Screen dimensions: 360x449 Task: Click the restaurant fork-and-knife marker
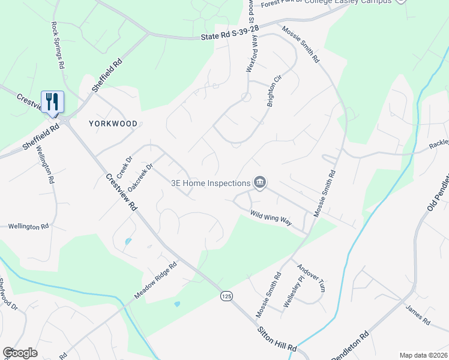(x=52, y=102)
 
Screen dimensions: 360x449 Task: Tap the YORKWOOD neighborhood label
(x=113, y=124)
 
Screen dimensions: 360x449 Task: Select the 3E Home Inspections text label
(x=211, y=184)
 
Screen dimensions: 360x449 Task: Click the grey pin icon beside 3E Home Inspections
(x=259, y=182)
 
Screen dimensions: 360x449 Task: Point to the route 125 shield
(x=226, y=296)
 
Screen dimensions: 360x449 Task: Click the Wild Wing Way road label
(x=271, y=218)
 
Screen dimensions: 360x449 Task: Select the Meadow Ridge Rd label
(x=155, y=281)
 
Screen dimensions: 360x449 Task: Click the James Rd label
(x=418, y=315)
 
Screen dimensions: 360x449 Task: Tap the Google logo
(x=20, y=353)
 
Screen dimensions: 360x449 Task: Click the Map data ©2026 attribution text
(x=423, y=355)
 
